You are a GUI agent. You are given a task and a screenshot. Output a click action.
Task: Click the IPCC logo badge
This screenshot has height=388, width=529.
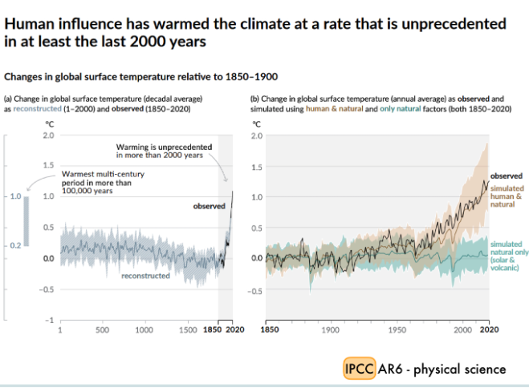(x=357, y=368)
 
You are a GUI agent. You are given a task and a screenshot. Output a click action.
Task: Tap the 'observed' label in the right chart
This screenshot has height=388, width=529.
(x=506, y=175)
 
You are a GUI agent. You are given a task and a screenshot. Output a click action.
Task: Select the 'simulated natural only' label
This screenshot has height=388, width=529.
(x=506, y=255)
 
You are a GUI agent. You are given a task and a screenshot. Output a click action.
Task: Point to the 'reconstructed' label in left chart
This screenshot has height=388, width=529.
(x=145, y=276)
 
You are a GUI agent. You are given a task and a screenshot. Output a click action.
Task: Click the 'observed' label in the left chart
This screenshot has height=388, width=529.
(x=209, y=206)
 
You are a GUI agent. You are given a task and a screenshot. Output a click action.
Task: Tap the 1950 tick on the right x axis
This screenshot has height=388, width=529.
(x=397, y=329)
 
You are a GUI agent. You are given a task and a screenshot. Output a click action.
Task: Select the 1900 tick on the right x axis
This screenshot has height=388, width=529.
(x=329, y=329)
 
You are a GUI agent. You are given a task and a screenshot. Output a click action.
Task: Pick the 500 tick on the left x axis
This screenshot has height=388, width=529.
(x=102, y=329)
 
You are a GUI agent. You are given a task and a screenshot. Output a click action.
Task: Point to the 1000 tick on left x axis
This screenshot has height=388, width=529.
(x=144, y=329)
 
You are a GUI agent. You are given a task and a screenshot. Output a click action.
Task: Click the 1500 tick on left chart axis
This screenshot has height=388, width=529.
(x=186, y=329)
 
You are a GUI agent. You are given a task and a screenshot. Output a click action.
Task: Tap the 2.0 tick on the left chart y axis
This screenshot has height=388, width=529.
(x=48, y=135)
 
